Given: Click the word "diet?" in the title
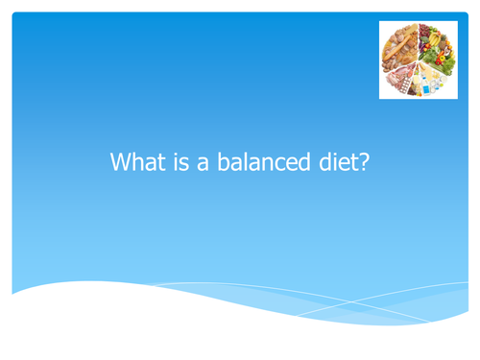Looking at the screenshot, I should click(336, 162).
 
